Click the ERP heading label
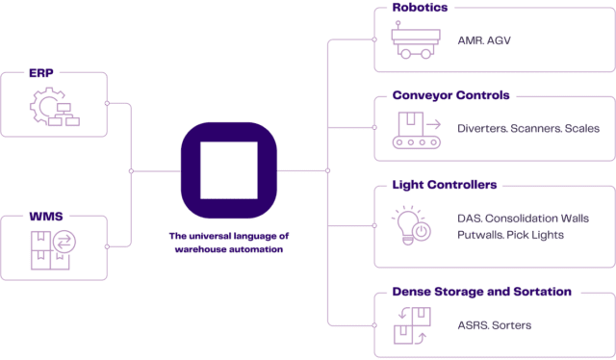coord(40,72)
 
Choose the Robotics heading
coord(421,8)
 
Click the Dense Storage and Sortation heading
coord(482,290)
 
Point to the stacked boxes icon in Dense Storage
coord(411,325)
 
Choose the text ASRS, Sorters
coord(494,325)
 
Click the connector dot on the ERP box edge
coord(105,102)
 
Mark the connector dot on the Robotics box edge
coord(374,40)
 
